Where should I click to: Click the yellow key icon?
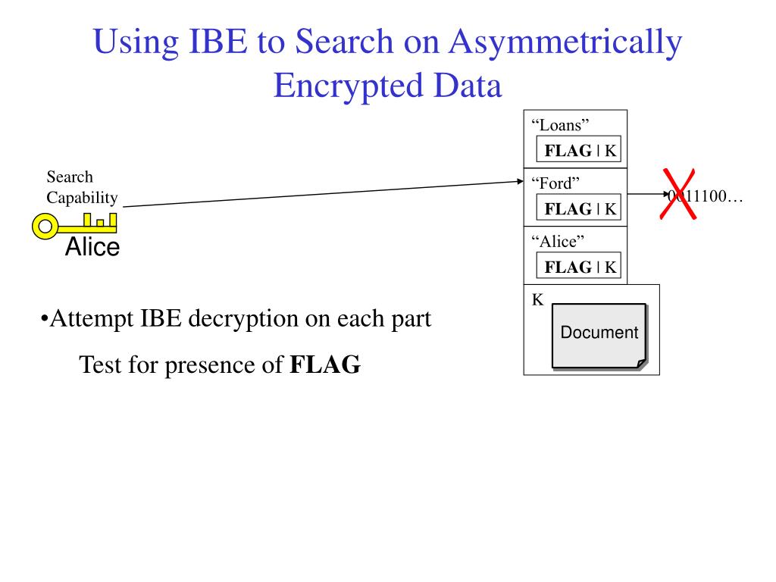(75, 224)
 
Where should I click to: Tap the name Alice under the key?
(92, 247)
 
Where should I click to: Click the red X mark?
(680, 195)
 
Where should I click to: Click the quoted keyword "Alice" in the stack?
(558, 241)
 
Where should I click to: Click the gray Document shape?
(599, 334)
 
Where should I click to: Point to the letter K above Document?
(537, 299)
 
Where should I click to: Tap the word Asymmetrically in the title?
(565, 42)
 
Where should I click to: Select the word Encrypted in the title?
(340, 86)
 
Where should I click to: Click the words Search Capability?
(83, 188)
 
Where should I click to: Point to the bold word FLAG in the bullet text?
(325, 365)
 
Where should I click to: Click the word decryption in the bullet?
(244, 319)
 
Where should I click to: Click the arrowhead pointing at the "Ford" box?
(518, 182)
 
